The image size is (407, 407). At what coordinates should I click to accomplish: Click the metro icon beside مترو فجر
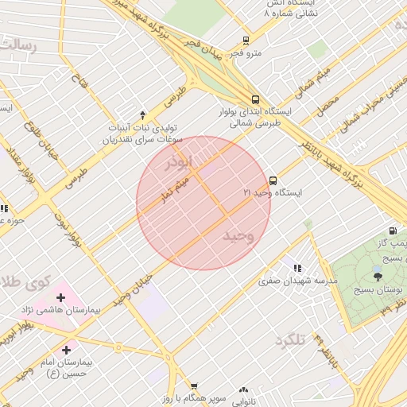(246, 41)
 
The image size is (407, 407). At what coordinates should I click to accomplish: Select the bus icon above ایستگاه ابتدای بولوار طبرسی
(255, 99)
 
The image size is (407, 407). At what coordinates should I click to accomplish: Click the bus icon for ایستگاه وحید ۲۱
(273, 180)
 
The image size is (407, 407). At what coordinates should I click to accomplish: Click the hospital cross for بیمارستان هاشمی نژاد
(60, 297)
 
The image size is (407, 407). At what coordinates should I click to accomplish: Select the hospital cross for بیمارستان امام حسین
(66, 349)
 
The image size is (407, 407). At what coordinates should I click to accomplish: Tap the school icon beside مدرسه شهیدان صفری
(297, 269)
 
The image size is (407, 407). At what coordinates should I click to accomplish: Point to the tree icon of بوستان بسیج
(377, 276)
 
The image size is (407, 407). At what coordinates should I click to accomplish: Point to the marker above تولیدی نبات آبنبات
(143, 114)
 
